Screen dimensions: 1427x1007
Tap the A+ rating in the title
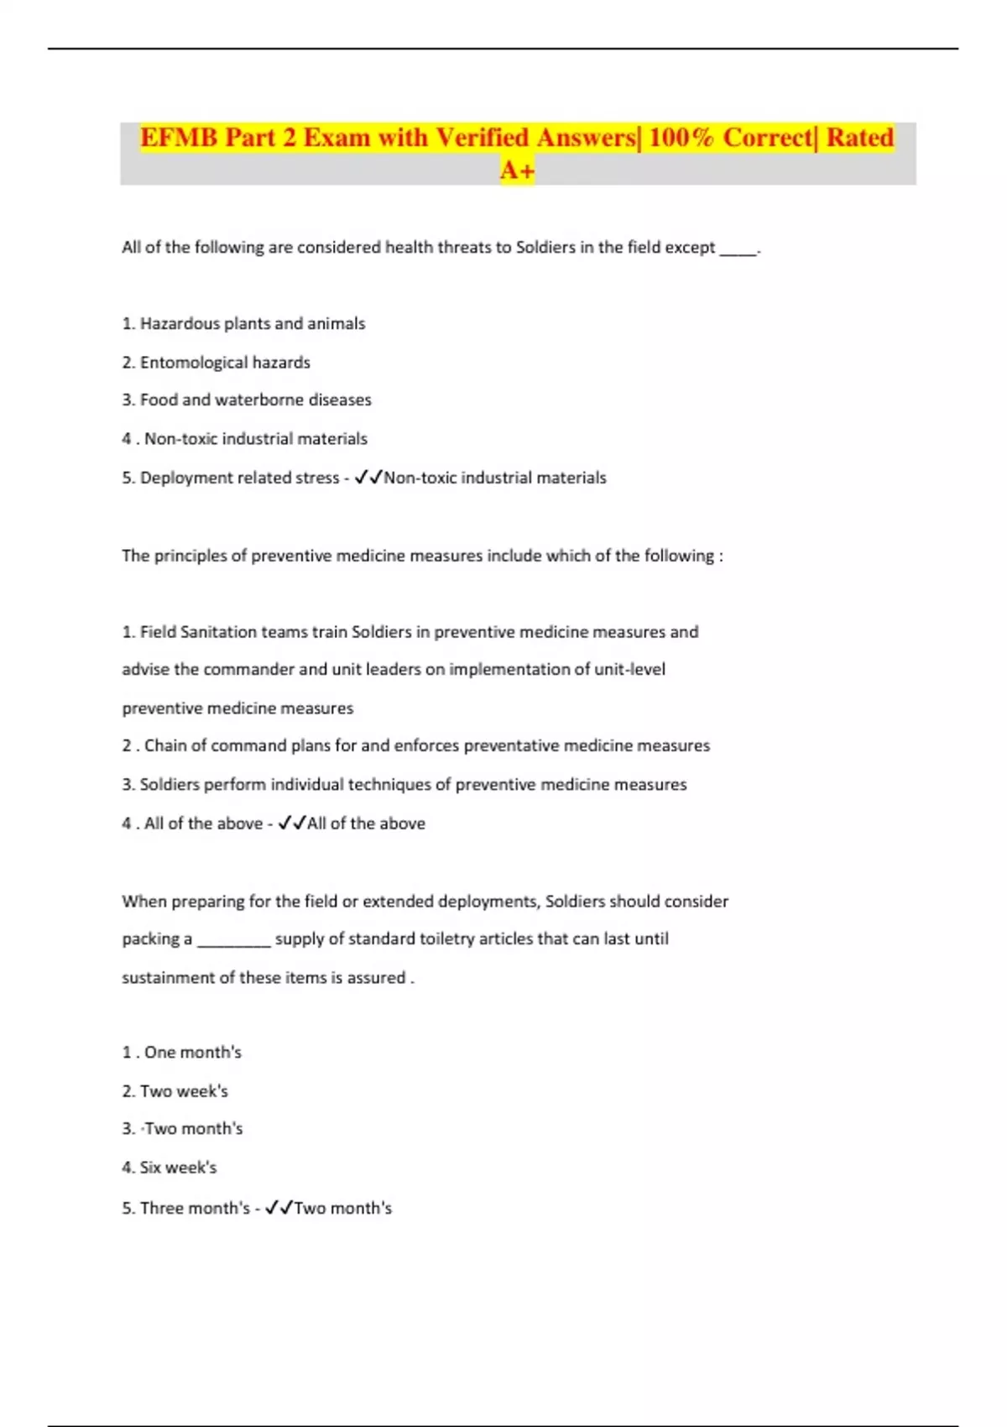point(517,170)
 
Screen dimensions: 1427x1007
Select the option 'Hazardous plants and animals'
point(252,324)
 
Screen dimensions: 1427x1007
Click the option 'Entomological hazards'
point(225,363)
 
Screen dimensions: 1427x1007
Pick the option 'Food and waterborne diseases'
point(255,400)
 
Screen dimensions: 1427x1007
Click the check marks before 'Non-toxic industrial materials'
point(368,478)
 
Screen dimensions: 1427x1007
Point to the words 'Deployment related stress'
point(239,478)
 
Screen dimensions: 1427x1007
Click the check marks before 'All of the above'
point(292,823)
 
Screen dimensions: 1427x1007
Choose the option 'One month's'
point(192,1053)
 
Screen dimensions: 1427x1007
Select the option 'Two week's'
point(184,1091)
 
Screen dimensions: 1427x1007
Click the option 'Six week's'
point(178,1168)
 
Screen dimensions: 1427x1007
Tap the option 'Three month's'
point(195,1208)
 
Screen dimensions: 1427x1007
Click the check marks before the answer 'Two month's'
point(279,1208)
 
